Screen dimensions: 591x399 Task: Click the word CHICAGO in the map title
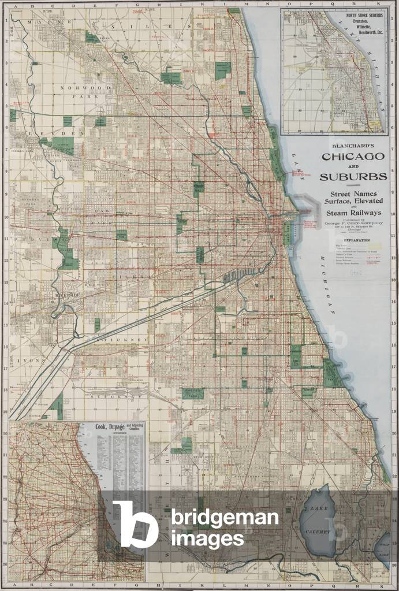pos(352,157)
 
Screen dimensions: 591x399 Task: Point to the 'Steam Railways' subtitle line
pos(352,213)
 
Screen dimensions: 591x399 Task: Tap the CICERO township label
pos(136,276)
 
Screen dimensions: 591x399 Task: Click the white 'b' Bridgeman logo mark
pos(135,523)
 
